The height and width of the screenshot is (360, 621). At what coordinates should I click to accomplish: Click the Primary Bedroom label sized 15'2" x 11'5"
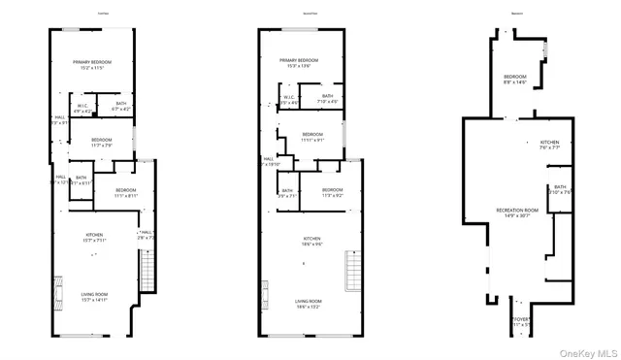(93, 65)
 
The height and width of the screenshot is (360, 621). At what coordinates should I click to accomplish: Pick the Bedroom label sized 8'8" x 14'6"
(515, 80)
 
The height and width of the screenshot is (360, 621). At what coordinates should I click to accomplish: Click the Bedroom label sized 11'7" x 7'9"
(102, 143)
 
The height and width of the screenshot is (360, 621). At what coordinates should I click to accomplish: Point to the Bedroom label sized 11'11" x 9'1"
(311, 137)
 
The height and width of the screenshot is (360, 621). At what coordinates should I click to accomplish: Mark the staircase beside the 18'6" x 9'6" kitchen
(351, 269)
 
